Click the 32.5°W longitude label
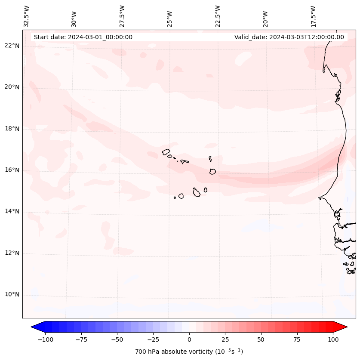coord(27,16)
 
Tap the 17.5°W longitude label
coord(313,16)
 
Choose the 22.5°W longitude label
coord(217,16)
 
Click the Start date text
coord(83,37)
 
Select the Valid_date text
coord(289,37)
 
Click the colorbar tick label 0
coord(189,339)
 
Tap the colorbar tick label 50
coord(261,339)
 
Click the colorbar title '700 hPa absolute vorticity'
coord(189,352)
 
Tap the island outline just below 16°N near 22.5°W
coord(212,171)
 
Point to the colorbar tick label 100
coord(333,339)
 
